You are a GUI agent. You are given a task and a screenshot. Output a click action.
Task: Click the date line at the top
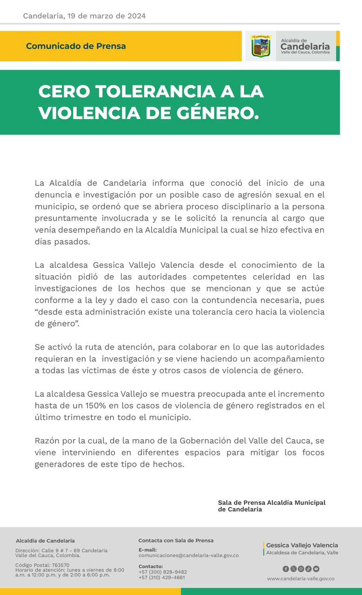click(84, 16)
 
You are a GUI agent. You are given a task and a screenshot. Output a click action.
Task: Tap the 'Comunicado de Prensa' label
click(76, 46)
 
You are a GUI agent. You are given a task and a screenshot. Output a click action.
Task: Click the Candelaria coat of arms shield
click(261, 46)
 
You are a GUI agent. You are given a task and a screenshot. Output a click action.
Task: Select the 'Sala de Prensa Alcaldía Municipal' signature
click(272, 502)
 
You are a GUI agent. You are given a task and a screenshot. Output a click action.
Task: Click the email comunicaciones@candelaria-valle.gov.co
click(188, 555)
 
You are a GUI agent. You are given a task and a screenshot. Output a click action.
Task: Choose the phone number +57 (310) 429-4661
click(161, 577)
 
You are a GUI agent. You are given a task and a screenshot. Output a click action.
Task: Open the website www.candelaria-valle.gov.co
click(301, 579)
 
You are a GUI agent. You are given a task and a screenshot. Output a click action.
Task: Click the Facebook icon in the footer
click(286, 569)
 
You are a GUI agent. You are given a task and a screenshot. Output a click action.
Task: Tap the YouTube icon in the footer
click(316, 569)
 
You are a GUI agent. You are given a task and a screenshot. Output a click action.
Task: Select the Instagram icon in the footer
click(301, 569)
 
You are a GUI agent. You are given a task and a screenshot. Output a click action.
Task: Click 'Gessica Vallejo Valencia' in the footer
click(302, 545)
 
